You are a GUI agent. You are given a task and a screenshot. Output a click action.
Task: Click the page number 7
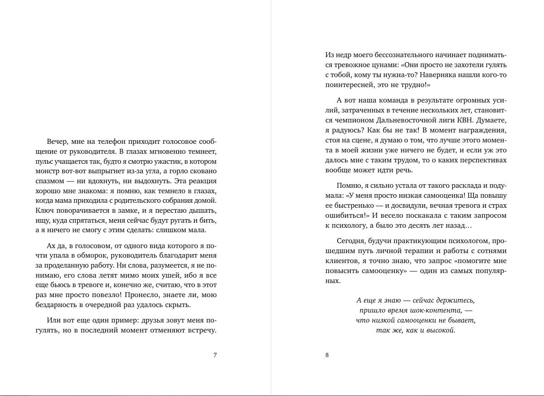pyautogui.click(x=215, y=355)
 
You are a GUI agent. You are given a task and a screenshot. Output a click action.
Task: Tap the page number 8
pyautogui.click(x=327, y=355)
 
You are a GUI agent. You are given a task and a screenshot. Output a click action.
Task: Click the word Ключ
pyautogui.click(x=44, y=210)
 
